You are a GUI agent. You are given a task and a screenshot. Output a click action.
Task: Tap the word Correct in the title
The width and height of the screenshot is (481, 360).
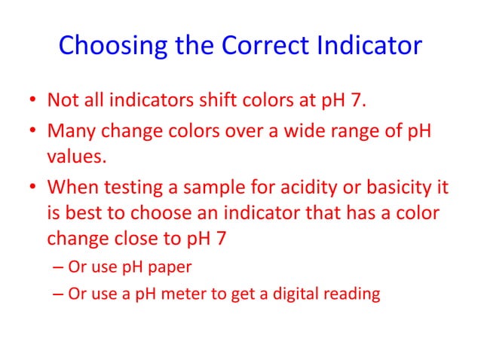pos(265,46)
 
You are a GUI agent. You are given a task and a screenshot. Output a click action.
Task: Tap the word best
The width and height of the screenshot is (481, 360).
pos(84,215)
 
